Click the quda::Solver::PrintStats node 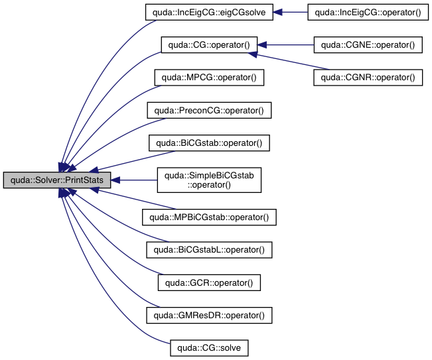tap(57, 180)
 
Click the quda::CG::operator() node tap(209, 45)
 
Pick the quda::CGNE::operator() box tap(368, 45)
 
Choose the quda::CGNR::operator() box tap(368, 78)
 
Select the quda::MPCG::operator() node tap(210, 78)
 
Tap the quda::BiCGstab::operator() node tap(210, 143)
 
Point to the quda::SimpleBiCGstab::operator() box tap(210, 180)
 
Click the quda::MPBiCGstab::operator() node tap(210, 217)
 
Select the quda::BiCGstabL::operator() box tap(210, 249)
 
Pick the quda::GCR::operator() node tap(210, 282)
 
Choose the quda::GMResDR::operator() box tap(210, 314)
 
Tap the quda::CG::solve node tap(210, 347)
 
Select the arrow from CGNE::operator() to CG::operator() tap(285, 45)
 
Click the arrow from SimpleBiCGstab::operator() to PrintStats tap(133, 180)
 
